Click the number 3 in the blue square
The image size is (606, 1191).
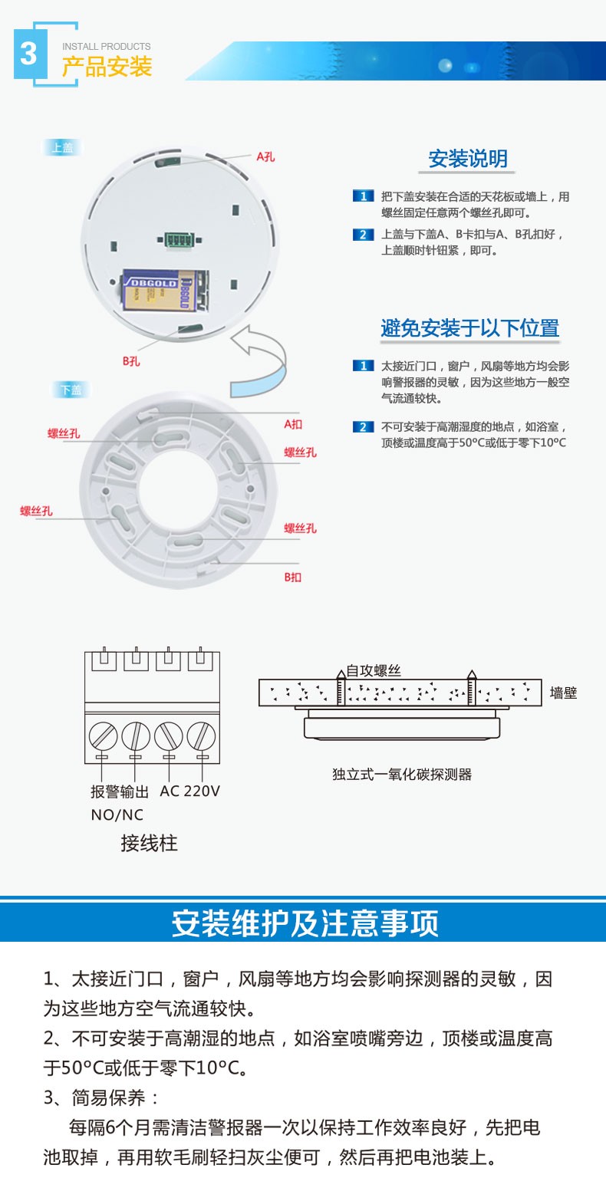(28, 53)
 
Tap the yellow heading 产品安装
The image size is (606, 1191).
(107, 67)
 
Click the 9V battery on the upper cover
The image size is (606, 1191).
(166, 290)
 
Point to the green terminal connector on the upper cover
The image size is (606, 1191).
(179, 240)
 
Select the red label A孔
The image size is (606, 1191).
(265, 157)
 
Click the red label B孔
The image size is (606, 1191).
(131, 361)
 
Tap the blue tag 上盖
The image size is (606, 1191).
(62, 147)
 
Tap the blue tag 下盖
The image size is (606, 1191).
(71, 390)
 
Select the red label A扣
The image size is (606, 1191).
(293, 424)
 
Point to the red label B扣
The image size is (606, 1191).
(292, 577)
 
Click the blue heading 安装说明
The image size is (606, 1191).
(468, 159)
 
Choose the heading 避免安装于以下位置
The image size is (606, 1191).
(469, 328)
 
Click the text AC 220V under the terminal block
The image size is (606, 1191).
(190, 791)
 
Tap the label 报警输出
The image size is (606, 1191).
(119, 791)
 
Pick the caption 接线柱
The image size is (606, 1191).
(149, 844)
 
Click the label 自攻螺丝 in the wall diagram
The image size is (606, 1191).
(374, 670)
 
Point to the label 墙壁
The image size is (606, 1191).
(564, 693)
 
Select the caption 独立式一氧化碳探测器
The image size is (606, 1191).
(402, 774)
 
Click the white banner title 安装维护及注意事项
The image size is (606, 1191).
(305, 923)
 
